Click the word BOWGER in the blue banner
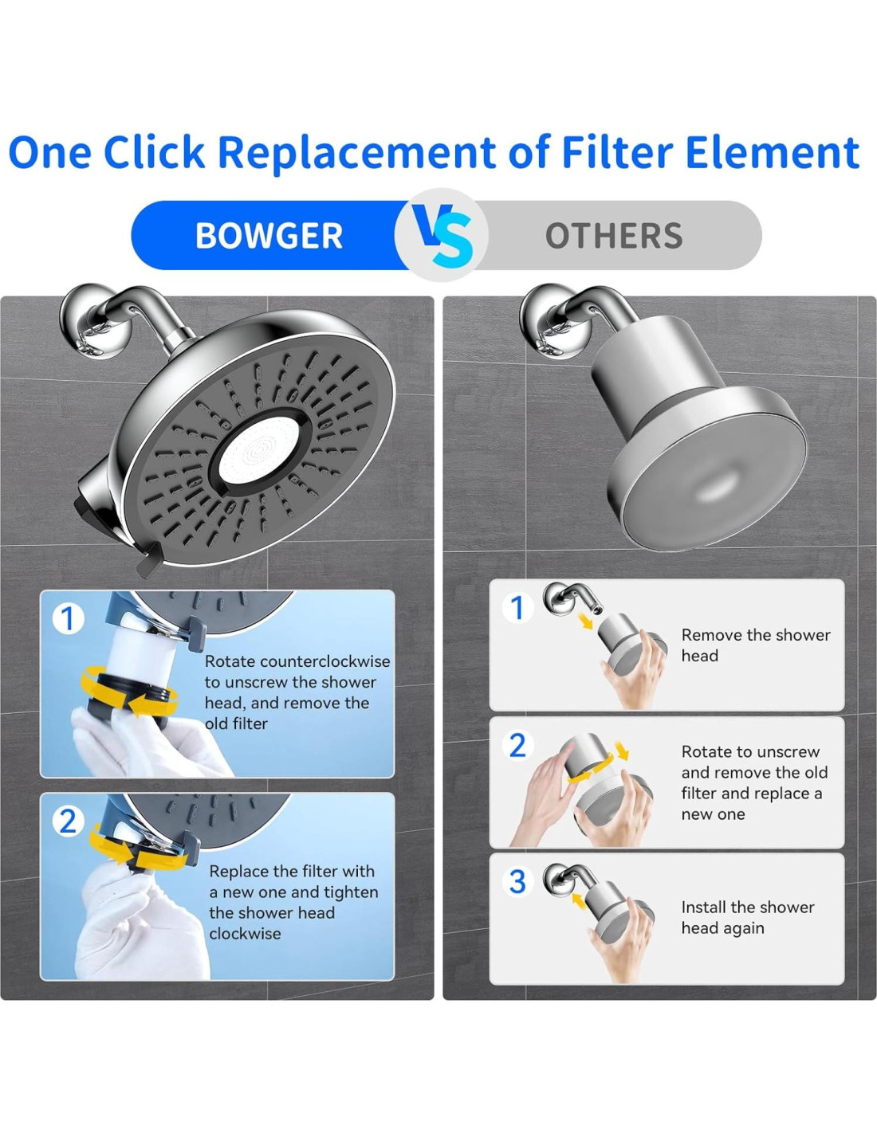[269, 236]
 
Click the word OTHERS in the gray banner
[614, 236]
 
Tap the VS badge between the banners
[442, 235]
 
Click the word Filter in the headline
[617, 151]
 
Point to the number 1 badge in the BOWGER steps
[68, 619]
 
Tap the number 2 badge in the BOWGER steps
[68, 822]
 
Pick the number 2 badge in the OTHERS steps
[517, 746]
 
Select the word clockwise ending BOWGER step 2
[246, 933]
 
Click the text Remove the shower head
[756, 645]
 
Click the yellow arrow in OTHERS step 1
[587, 621]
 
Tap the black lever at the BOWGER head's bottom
[148, 560]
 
